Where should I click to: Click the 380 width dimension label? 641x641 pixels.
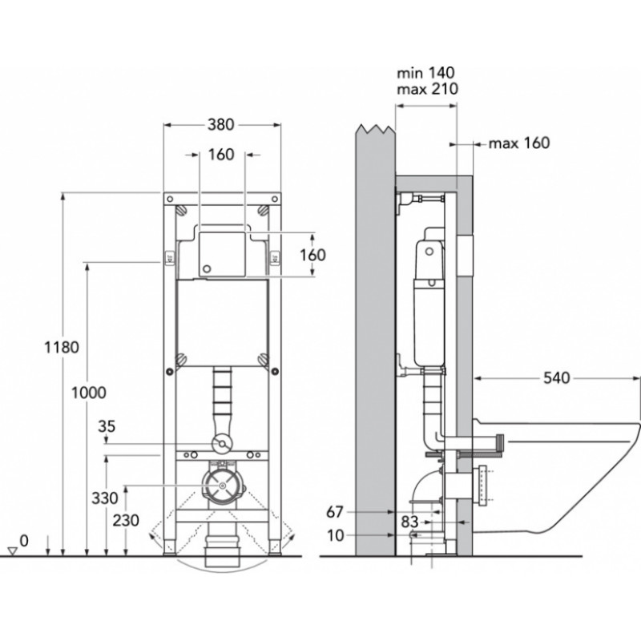[x=221, y=124]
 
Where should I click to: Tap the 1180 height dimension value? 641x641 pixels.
[x=62, y=348]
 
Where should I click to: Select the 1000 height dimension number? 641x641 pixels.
[x=89, y=393]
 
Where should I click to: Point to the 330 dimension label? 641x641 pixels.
[x=105, y=498]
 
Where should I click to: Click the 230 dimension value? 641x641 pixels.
[x=126, y=520]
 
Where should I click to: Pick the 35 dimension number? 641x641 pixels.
[x=107, y=426]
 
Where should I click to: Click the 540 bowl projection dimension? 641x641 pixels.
[x=556, y=378]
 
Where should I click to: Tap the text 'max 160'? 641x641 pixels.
[x=519, y=143]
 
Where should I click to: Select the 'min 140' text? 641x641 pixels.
[x=425, y=73]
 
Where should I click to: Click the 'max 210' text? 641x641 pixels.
[x=428, y=89]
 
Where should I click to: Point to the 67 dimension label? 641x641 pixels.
[x=335, y=512]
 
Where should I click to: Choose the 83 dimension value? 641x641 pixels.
[x=409, y=522]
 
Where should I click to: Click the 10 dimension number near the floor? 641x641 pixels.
[x=336, y=535]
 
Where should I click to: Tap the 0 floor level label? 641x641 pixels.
[x=24, y=540]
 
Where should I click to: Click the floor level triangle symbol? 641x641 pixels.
[x=13, y=551]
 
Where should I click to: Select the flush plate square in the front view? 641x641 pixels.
[x=222, y=254]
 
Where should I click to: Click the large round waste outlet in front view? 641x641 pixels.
[x=222, y=486]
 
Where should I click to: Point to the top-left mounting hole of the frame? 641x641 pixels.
[x=171, y=199]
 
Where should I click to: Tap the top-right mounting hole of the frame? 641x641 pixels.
[x=275, y=199]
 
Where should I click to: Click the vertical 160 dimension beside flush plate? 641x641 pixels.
[x=312, y=255]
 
